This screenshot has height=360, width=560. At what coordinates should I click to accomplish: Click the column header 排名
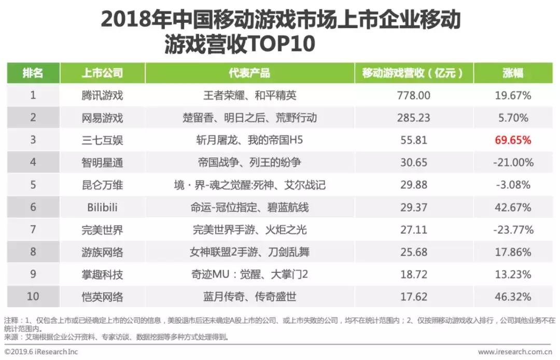pos(32,73)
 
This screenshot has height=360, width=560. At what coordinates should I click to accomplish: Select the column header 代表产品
pos(249,73)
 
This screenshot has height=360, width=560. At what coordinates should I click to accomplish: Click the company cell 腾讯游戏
pos(102,95)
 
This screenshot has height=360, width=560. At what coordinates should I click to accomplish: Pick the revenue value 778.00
pos(413,95)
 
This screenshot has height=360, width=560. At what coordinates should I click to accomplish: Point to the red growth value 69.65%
pos(512,140)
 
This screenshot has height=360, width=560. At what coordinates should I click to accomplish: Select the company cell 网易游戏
pos(102,118)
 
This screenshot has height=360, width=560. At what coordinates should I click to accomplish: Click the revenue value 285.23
pos(413,118)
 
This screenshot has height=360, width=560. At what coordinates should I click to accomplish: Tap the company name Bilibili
pos(102,207)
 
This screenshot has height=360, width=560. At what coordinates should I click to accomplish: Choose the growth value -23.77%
pos(512,230)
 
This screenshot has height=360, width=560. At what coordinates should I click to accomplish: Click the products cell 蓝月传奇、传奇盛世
pos(249,297)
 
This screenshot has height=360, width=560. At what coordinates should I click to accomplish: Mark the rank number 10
pos(32,297)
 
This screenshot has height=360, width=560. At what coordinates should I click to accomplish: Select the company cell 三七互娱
pos(102,140)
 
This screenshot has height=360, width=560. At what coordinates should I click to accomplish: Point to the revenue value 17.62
pos(413,297)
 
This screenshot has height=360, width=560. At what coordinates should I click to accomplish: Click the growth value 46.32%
pos(512,297)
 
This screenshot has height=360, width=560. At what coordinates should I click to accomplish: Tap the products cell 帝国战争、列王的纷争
pos(249,162)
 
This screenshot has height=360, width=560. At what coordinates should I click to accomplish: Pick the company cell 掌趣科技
pos(102,274)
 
